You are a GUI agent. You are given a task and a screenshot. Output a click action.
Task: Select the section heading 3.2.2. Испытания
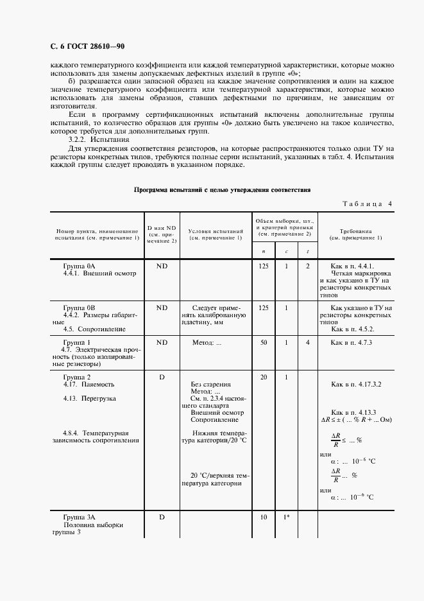98,139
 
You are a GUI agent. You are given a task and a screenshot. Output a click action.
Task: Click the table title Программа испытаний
222,190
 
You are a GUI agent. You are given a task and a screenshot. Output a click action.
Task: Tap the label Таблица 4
368,204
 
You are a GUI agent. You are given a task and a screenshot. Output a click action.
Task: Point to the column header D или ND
162,234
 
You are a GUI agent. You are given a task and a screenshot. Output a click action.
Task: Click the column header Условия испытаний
216,234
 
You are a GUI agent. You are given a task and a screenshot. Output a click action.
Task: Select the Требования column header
355,234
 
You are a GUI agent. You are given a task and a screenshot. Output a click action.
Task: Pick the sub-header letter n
263,251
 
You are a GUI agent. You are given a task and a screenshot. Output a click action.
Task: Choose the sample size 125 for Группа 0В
263,308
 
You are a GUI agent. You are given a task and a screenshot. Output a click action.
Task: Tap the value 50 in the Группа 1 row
263,343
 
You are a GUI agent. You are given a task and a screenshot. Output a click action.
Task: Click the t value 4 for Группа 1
308,343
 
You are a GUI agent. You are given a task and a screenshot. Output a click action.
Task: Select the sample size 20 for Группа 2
263,377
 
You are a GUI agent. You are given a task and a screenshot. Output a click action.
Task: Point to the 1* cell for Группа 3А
286,516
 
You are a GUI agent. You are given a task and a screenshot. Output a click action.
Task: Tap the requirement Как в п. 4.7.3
352,343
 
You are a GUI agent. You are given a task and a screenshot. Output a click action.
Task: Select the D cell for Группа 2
162,377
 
